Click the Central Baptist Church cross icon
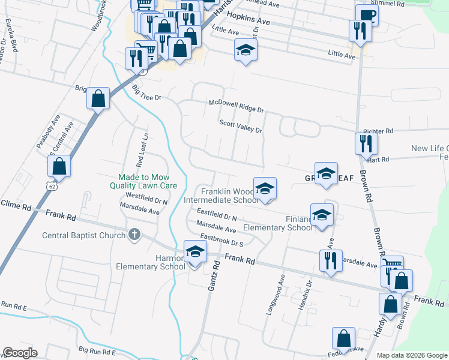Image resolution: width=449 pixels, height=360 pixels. point(136,235)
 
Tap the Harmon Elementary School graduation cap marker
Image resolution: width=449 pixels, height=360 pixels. point(195,253)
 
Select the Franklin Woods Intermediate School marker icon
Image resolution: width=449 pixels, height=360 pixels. point(264,188)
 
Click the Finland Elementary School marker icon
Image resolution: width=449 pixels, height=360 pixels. point(322,214)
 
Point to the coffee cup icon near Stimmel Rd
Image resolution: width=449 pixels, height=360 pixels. point(366,16)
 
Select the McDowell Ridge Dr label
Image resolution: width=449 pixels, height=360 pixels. point(237,106)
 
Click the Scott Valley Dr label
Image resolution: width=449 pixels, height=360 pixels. point(241,126)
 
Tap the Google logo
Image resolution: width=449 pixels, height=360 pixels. point(20,353)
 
